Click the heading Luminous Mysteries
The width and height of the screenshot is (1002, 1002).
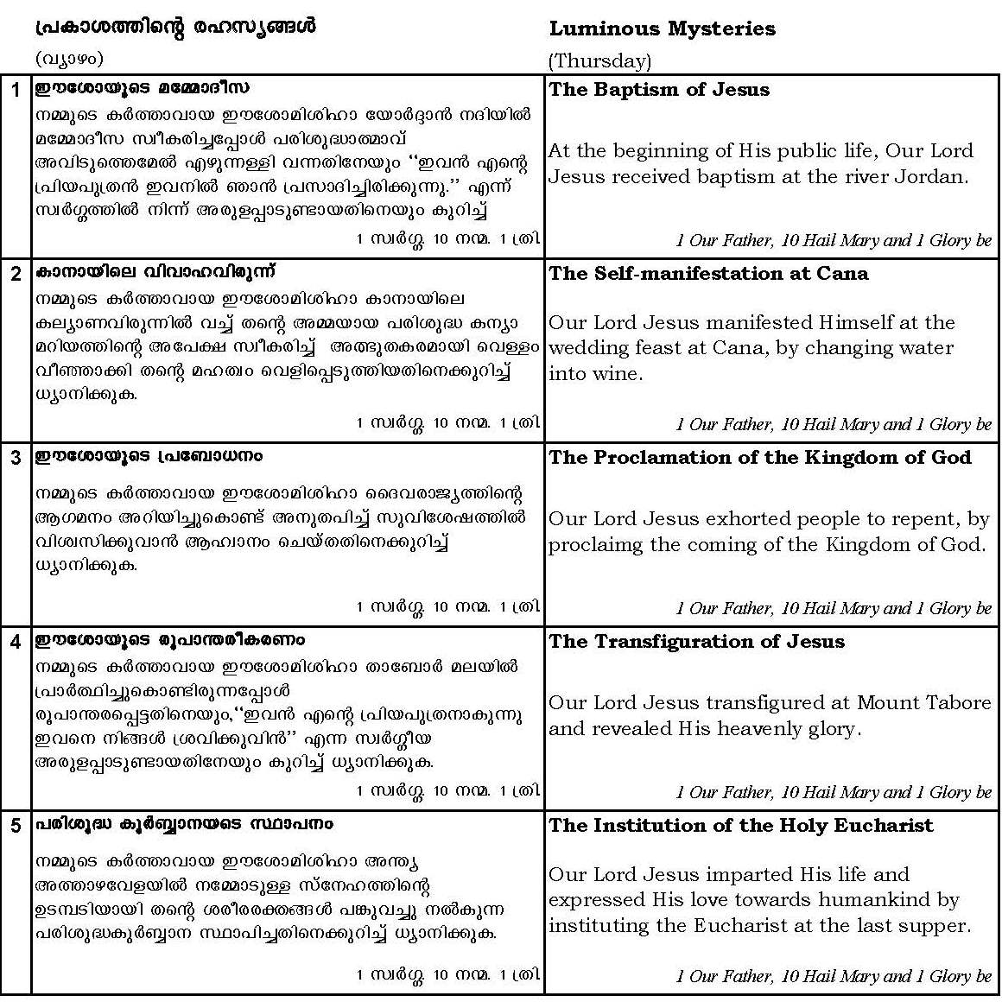[x=662, y=29]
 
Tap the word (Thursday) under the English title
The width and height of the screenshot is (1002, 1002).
[x=599, y=60]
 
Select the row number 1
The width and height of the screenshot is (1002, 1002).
[x=16, y=90]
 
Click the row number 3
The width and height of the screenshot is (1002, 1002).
[x=16, y=458]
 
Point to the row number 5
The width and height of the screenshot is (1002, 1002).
[x=16, y=826]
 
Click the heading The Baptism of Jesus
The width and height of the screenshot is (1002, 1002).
[x=658, y=90]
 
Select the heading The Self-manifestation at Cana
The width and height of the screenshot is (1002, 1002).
[x=708, y=274]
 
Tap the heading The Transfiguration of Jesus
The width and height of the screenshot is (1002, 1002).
[x=696, y=642]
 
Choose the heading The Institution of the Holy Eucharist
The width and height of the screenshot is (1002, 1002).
[x=740, y=826]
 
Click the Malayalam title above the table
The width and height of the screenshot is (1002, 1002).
[x=175, y=27]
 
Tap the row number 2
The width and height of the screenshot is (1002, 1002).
[x=16, y=274]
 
